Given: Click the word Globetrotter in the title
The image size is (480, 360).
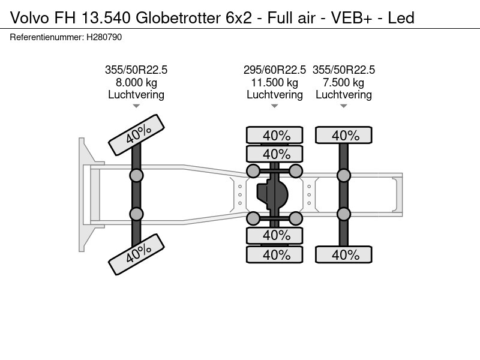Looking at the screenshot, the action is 178,18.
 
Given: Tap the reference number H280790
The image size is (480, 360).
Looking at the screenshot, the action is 104,37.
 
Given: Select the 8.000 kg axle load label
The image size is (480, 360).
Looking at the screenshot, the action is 136,83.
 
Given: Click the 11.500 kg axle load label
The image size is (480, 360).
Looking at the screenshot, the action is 275,83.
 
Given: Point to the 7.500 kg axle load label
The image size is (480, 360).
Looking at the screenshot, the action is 343,83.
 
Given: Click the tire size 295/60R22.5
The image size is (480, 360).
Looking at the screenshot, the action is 275,70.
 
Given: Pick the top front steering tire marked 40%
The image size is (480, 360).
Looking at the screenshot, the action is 137,134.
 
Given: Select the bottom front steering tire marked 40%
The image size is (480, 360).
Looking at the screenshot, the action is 137,254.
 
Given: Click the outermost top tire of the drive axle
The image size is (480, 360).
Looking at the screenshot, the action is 275,135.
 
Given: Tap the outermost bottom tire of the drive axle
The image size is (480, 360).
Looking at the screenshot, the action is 275,254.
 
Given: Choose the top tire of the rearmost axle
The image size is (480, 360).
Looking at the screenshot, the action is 343,135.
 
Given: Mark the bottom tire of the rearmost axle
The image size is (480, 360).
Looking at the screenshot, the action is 343,254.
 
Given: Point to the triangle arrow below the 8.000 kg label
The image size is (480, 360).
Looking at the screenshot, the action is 136,106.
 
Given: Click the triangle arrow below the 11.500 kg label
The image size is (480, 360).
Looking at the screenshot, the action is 275,106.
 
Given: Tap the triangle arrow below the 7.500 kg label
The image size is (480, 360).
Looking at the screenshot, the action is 343,106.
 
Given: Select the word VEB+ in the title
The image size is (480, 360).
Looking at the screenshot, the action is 352,18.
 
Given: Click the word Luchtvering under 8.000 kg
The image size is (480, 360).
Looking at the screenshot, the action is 136,95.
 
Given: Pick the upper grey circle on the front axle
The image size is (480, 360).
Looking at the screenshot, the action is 136,176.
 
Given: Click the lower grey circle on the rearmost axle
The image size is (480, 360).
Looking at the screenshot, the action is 343,214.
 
